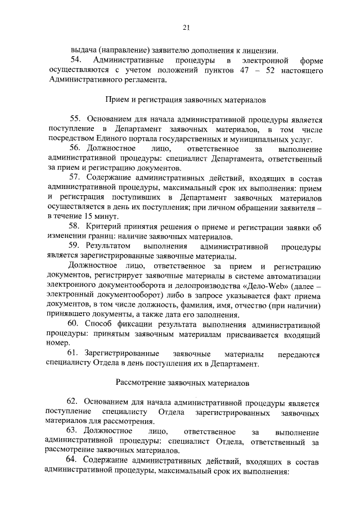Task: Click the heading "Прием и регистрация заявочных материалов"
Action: [186, 100]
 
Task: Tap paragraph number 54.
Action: [75, 60]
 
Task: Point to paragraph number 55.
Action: [76, 119]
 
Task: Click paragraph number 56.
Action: [76, 149]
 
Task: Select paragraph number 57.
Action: [76, 179]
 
